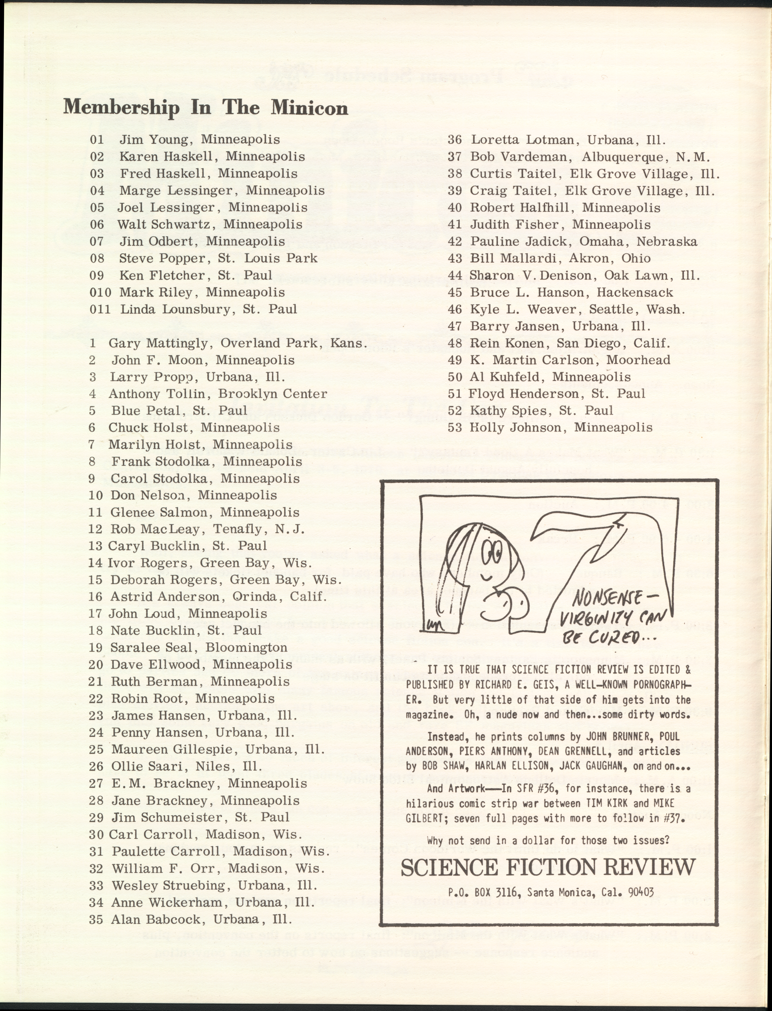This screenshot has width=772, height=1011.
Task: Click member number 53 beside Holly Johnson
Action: point(455,428)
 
